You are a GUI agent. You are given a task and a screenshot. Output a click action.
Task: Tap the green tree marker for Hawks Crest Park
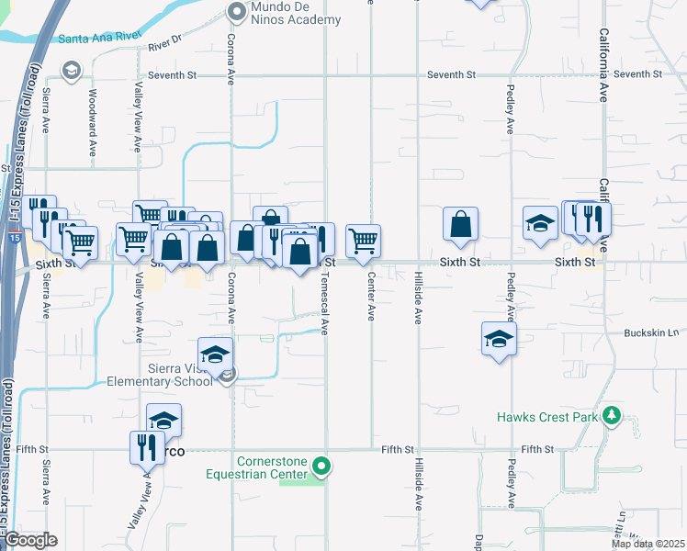(612, 416)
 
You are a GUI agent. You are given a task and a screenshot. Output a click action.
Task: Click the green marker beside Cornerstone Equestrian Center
(320, 467)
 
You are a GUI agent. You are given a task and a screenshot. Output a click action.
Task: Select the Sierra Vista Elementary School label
(160, 375)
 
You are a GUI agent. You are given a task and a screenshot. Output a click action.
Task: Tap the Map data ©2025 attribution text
(648, 544)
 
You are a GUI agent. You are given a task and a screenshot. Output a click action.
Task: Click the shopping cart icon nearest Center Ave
(364, 241)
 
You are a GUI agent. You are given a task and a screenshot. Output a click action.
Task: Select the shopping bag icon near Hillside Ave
(460, 223)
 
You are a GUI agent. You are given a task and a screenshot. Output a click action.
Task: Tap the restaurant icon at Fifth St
(147, 447)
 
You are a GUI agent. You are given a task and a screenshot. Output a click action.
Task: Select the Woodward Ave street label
(92, 121)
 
